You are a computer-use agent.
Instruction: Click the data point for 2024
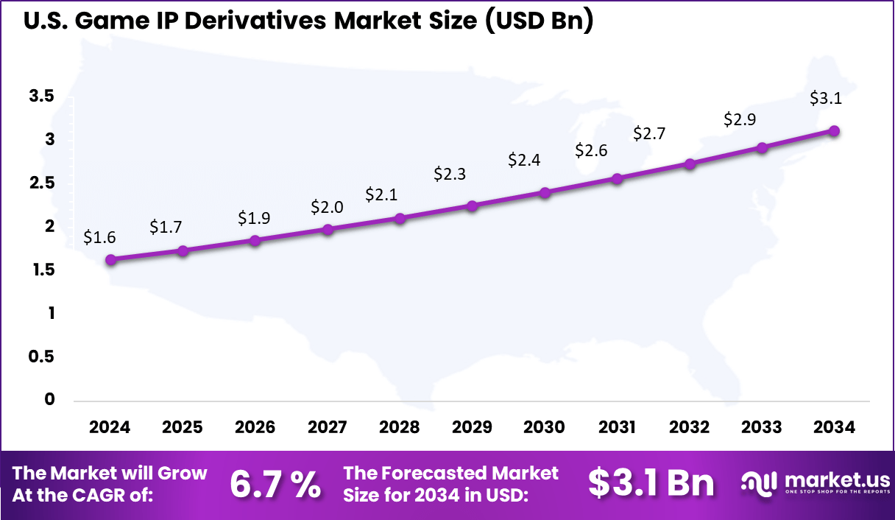(x=110, y=259)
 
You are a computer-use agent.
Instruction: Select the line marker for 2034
(x=834, y=130)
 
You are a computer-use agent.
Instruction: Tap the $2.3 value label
(x=449, y=174)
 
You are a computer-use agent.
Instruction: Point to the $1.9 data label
(x=254, y=218)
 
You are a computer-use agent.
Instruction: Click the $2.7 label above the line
(x=649, y=133)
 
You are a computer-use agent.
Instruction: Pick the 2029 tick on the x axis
(x=472, y=427)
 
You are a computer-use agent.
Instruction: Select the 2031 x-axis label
(x=617, y=427)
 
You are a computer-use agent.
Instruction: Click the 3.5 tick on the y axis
(x=42, y=96)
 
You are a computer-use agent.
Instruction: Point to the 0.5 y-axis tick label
(x=42, y=356)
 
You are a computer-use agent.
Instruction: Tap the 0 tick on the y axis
(x=49, y=400)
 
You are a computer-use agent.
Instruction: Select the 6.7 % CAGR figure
(x=275, y=484)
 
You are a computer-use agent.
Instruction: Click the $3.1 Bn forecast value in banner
(x=651, y=483)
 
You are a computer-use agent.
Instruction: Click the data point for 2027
(x=328, y=229)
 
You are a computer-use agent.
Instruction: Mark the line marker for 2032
(x=690, y=164)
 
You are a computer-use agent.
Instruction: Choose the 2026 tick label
(x=255, y=427)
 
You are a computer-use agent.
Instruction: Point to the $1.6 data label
(x=99, y=237)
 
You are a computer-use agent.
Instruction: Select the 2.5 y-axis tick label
(x=42, y=183)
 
